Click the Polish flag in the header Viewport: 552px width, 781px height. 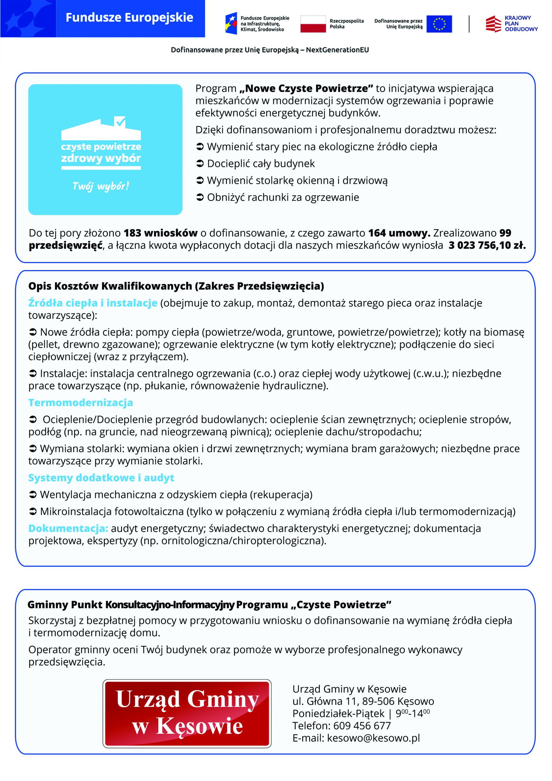pos(313,24)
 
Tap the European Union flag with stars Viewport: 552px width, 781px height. pos(439,24)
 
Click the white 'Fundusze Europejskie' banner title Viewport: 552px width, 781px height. pos(129,18)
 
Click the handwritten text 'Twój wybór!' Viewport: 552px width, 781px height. pos(101,186)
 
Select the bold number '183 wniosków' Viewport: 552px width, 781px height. pos(160,233)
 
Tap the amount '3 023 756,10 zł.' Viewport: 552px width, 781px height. pos(487,245)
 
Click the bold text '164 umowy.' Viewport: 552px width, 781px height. pos(399,233)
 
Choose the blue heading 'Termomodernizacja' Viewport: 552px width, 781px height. pos(81,402)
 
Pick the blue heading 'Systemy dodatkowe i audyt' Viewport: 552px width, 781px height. pos(101,477)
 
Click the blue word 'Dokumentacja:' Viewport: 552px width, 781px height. pos(68,528)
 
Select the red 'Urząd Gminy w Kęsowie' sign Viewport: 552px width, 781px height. pos(187,713)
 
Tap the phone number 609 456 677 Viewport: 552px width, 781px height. pos(362,725)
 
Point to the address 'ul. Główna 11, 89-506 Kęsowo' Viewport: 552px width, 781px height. pos(363,701)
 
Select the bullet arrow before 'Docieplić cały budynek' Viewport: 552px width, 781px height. pos(200,164)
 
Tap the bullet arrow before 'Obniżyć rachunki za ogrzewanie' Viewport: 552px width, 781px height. pos(200,197)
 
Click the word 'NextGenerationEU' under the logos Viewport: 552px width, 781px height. pos(337,50)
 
